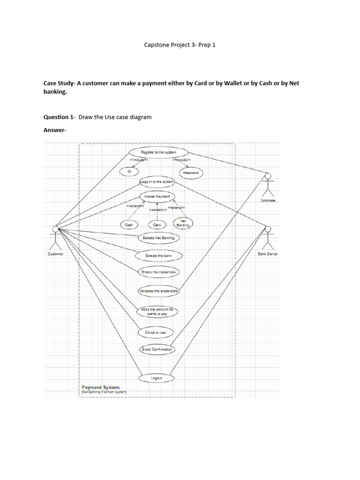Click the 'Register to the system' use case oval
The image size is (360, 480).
point(158,152)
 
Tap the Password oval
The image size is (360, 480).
point(191,173)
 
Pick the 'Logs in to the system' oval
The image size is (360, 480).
point(157,181)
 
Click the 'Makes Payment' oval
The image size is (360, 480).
point(157,196)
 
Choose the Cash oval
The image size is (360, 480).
point(129,225)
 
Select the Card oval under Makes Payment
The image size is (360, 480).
point(157,225)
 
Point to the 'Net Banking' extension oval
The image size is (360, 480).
point(183,223)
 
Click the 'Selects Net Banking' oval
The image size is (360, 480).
point(158,238)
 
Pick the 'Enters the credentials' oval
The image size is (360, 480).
point(158,272)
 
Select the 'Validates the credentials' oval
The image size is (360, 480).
point(158,291)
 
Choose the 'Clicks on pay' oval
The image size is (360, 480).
point(156,332)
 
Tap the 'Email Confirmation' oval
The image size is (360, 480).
point(157,349)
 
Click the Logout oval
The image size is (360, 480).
point(157,378)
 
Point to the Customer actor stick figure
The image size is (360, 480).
point(55,237)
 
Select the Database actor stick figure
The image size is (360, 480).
point(268,185)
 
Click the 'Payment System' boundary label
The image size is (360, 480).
point(101,388)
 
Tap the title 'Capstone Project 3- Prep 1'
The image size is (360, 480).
point(180,45)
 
